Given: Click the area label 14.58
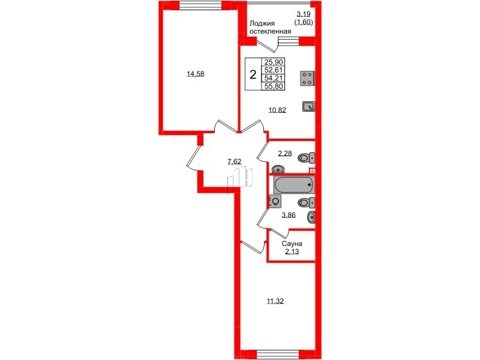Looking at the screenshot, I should click(195, 74).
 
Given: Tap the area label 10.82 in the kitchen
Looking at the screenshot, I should click(277, 110).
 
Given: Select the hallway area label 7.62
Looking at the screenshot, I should click(235, 161).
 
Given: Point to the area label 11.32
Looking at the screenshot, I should click(275, 301).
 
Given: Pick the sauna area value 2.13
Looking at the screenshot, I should click(291, 252).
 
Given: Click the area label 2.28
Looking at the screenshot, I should click(284, 154).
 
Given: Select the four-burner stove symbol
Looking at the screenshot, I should click(307, 78).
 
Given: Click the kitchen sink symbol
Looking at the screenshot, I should click(308, 107).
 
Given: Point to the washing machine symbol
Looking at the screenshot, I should click(275, 202).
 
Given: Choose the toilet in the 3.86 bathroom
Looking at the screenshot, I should click(306, 202).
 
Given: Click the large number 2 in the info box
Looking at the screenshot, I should click(253, 75).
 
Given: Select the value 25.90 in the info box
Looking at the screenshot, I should click(274, 62).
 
